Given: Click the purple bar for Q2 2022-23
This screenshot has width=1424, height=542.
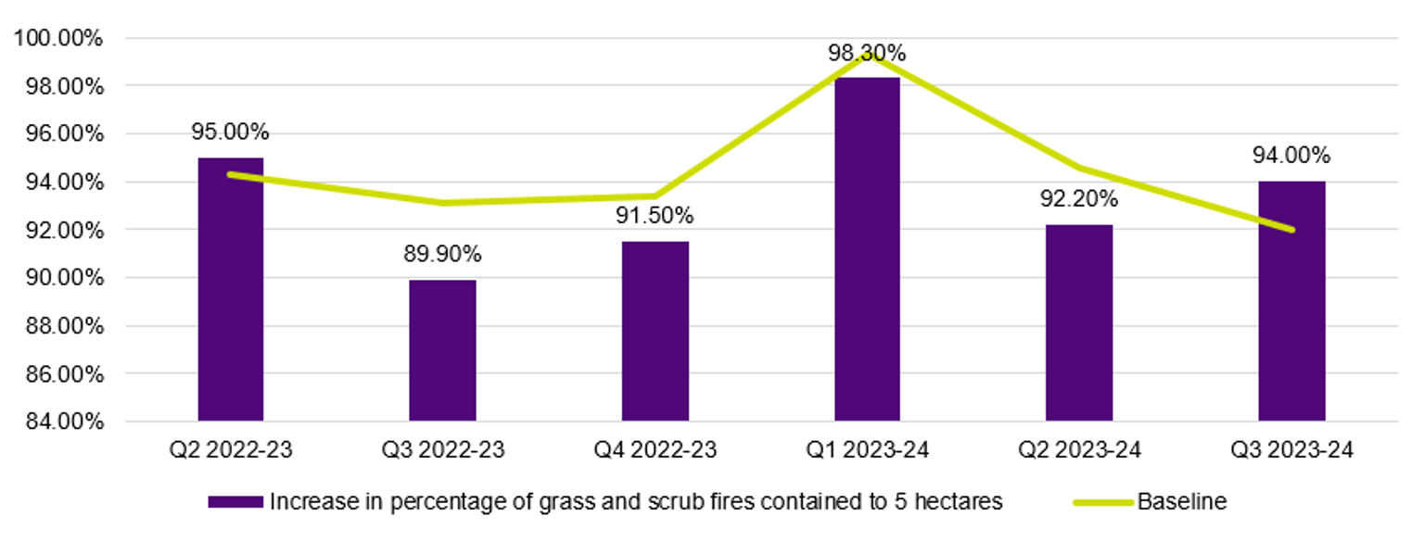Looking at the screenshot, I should (230, 289).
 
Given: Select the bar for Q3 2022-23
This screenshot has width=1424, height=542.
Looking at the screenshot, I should (442, 350).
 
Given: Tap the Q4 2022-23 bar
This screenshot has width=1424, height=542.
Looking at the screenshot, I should (655, 331).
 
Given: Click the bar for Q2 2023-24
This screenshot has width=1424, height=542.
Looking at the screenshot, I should (1079, 322).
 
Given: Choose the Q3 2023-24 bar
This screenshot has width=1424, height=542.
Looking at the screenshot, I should (1291, 301).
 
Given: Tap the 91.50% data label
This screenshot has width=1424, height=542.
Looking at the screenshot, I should (655, 216).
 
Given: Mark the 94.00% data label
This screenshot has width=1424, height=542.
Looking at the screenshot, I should (1291, 155).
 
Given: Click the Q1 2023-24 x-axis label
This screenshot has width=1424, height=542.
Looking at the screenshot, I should (867, 451).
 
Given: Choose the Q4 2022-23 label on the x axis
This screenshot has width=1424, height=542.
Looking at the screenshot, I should (655, 451).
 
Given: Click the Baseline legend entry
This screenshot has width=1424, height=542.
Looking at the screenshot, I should (1181, 502).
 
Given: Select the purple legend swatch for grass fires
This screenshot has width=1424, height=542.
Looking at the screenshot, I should (235, 502).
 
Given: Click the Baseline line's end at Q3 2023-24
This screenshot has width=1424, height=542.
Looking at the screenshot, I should (1291, 230).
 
